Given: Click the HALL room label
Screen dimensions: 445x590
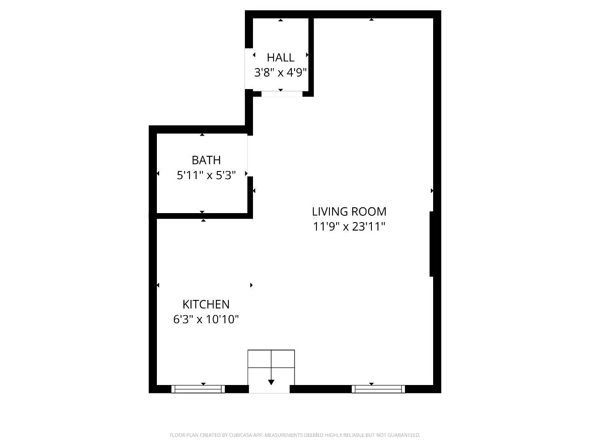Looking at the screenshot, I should [x=280, y=57].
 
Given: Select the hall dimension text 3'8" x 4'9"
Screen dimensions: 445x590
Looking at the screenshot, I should [x=280, y=73].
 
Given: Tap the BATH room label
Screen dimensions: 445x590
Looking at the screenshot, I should [x=206, y=160].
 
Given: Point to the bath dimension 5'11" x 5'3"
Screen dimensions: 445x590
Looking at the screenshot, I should [x=206, y=175].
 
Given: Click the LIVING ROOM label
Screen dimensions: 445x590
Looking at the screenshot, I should [x=349, y=211].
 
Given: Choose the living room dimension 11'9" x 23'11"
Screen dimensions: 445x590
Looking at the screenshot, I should [x=349, y=227].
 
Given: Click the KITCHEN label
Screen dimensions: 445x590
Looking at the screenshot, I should [x=206, y=304].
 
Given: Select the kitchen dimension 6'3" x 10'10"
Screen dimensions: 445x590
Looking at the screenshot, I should [x=206, y=320].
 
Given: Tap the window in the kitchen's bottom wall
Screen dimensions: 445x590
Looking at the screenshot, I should [x=198, y=389].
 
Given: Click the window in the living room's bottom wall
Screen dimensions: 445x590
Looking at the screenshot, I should [x=378, y=389].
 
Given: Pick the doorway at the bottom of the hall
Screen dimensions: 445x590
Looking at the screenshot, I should [x=282, y=94].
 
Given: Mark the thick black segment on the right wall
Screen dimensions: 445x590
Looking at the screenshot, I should [x=432, y=244].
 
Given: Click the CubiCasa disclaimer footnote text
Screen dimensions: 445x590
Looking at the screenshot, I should [x=295, y=435].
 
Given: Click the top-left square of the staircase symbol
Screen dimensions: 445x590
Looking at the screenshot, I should [x=260, y=359].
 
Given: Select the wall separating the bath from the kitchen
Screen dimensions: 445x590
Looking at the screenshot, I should [x=201, y=216].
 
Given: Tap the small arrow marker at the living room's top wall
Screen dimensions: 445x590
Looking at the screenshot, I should [x=371, y=20].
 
